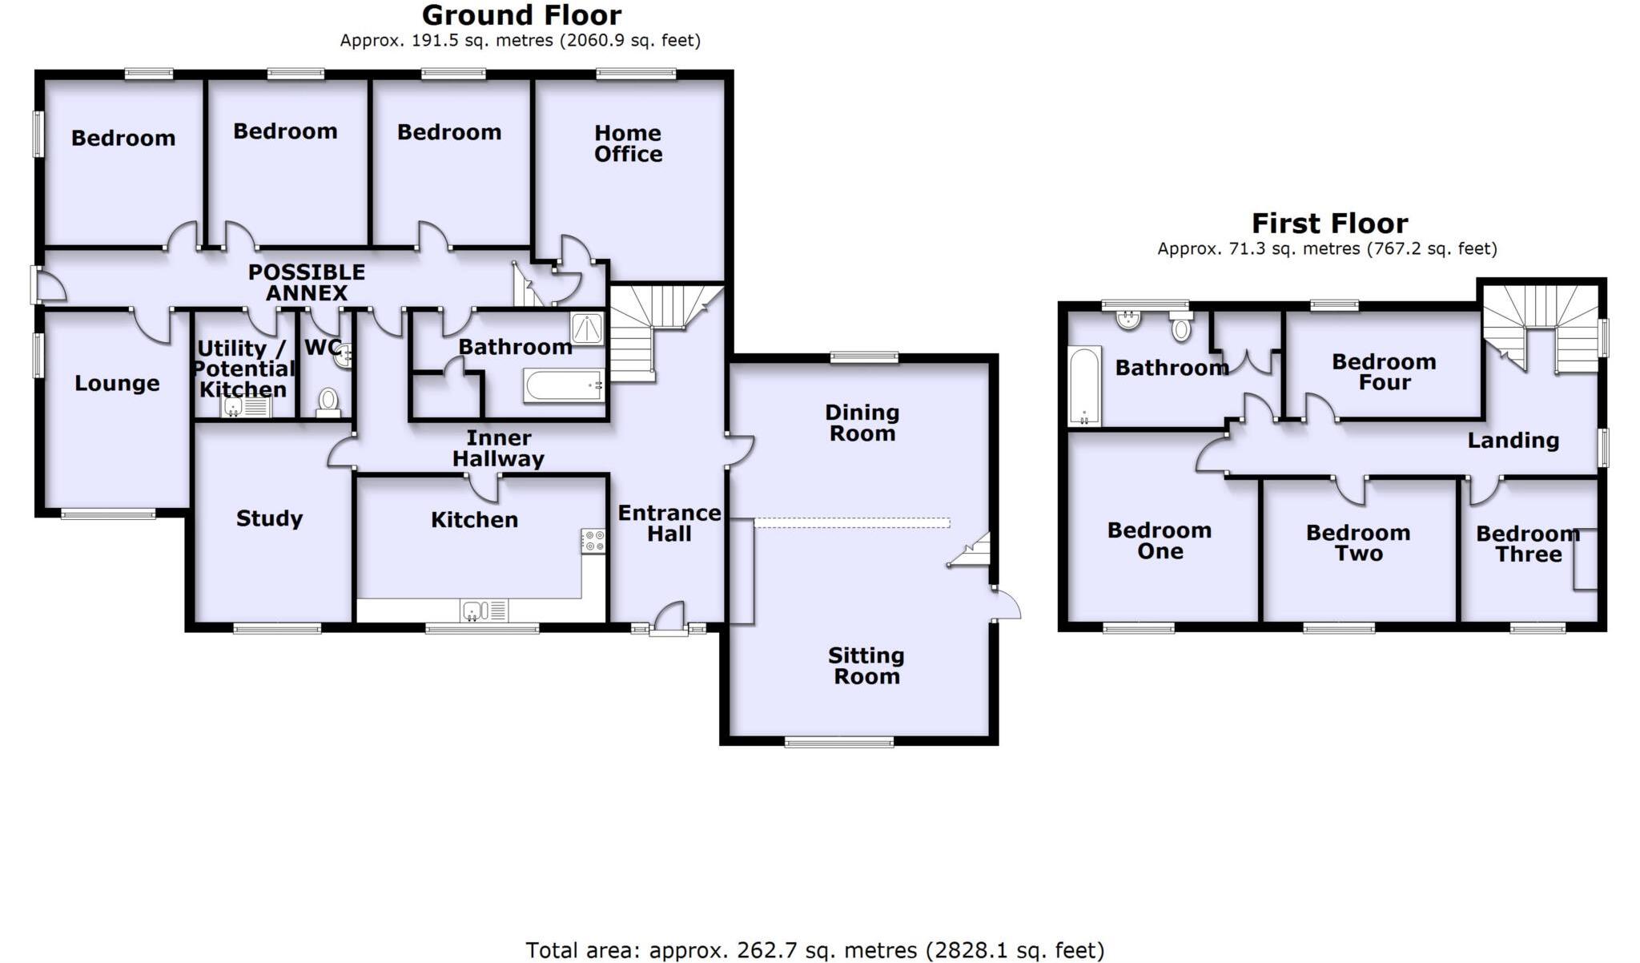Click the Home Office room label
[628, 143]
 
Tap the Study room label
[269, 518]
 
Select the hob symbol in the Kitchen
[593, 541]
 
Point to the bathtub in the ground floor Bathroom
[564, 385]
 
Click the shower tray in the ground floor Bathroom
[588, 328]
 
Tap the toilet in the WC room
[328, 400]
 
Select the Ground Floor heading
[521, 15]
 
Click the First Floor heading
[1329, 223]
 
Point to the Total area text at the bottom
[814, 950]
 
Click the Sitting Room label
[866, 666]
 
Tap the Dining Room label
[862, 423]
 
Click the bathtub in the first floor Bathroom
[1085, 385]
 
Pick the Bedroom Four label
[1384, 372]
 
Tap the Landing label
[1513, 440]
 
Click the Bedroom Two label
[1358, 543]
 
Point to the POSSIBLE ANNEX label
[307, 282]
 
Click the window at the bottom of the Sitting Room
[838, 743]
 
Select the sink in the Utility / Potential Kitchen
[232, 408]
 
